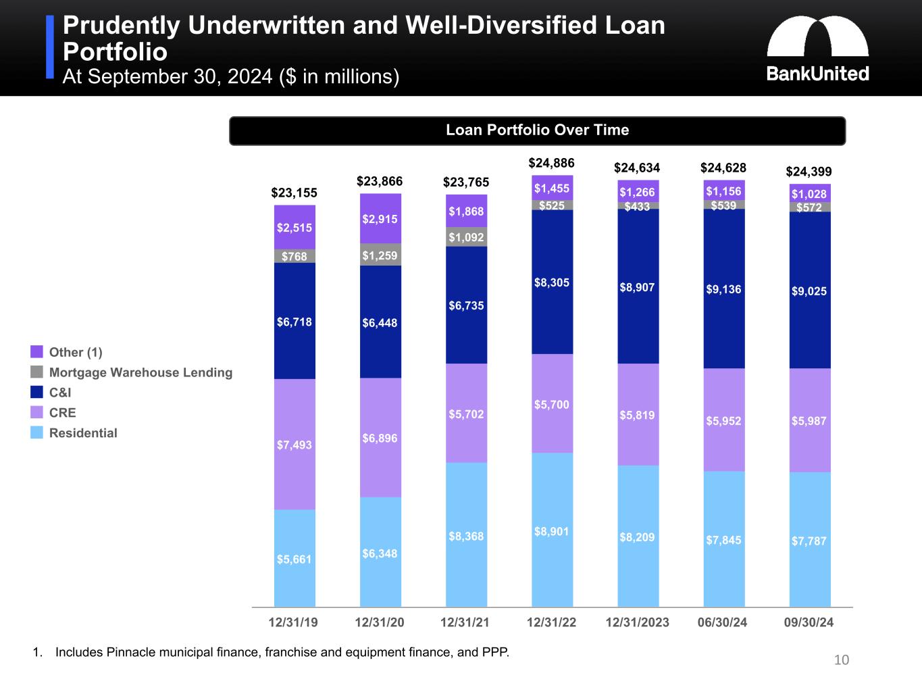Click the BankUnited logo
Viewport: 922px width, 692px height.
coord(817,49)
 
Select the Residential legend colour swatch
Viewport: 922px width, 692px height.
coord(36,432)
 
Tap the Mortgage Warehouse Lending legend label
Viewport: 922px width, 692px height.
coord(140,372)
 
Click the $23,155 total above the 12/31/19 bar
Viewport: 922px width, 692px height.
coord(294,193)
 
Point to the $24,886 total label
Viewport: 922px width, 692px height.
coord(551,163)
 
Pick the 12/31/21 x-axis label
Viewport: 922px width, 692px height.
coord(465,622)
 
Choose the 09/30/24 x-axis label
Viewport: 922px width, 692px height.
coord(809,622)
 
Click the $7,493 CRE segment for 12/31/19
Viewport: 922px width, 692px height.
coord(294,445)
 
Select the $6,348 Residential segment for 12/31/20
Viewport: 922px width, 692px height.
coord(380,553)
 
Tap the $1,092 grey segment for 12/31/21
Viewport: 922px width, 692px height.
coord(466,237)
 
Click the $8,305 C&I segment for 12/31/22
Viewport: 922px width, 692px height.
coord(552,282)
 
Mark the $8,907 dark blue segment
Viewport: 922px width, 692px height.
coord(638,287)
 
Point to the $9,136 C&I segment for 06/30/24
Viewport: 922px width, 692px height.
coord(723,289)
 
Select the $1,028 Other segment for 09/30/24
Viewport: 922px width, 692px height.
coord(809,193)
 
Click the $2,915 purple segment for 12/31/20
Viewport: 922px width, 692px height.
coord(380,219)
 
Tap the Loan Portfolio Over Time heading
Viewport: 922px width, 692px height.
coord(537,130)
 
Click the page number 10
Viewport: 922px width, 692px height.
coord(841,660)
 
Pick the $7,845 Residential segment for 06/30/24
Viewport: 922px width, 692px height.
coord(723,539)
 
